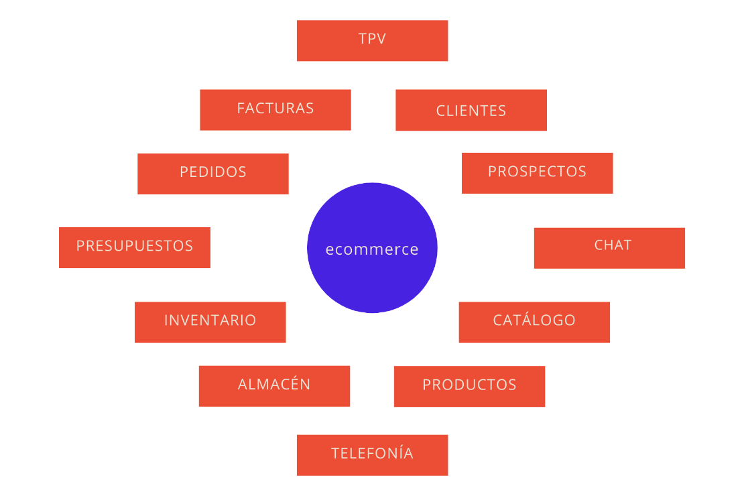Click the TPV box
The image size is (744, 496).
pos(372,41)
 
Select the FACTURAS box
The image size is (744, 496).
pos(275,110)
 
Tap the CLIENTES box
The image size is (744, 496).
pos(471,110)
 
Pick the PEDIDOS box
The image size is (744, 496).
pos(213,174)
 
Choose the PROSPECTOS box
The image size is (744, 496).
pos(537,173)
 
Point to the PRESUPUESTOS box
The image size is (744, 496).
pos(135,247)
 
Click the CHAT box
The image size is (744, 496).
pos(609,248)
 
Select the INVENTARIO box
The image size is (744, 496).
pos(210,322)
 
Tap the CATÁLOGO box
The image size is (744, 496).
pos(534,322)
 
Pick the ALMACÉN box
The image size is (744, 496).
pos(274,386)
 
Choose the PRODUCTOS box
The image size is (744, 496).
pos(469,386)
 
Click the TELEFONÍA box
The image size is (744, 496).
pos(372,455)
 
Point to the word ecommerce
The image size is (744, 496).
pos(372,249)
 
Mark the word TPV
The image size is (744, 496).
pos(372,38)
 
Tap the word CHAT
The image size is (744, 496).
pos(613,245)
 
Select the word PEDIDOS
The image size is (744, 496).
pos(213,172)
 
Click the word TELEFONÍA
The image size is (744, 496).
pos(372,453)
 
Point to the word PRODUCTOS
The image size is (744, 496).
pos(469,385)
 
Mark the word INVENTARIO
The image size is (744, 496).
pos(210,320)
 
